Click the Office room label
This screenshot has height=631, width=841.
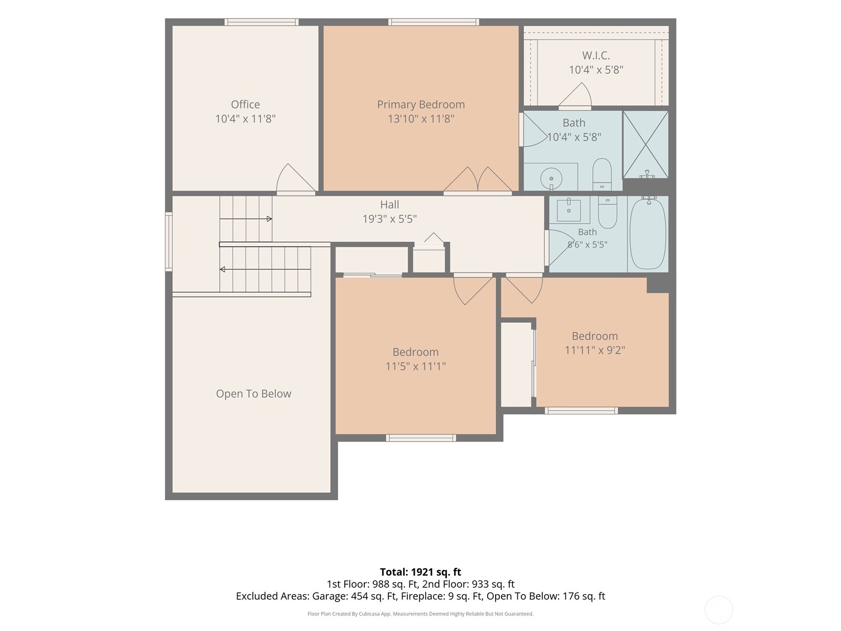pyautogui.click(x=245, y=104)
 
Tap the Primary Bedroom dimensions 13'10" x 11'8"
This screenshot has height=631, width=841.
pyautogui.click(x=420, y=119)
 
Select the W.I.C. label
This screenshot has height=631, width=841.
pyautogui.click(x=596, y=56)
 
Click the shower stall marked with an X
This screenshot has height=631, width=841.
pyautogui.click(x=645, y=145)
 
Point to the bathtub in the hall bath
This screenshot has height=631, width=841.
pyautogui.click(x=648, y=234)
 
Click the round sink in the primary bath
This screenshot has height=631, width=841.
pyautogui.click(x=551, y=179)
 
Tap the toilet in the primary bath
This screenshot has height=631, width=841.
pyautogui.click(x=602, y=175)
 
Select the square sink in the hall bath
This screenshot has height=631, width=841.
pyautogui.click(x=569, y=210)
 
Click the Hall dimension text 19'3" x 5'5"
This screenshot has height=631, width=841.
pyautogui.click(x=389, y=219)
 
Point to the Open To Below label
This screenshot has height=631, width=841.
pyautogui.click(x=254, y=393)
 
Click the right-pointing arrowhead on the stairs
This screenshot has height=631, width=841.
pyautogui.click(x=269, y=219)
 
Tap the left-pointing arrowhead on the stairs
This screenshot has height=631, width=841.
pyautogui.click(x=222, y=269)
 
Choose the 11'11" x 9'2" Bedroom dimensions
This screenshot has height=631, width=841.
pyautogui.click(x=594, y=350)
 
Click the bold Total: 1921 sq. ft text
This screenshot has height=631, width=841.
pyautogui.click(x=420, y=572)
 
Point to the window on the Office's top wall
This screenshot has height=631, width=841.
pyautogui.click(x=261, y=22)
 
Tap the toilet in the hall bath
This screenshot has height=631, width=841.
pyautogui.click(x=608, y=212)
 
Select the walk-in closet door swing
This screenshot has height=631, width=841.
pyautogui.click(x=575, y=96)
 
